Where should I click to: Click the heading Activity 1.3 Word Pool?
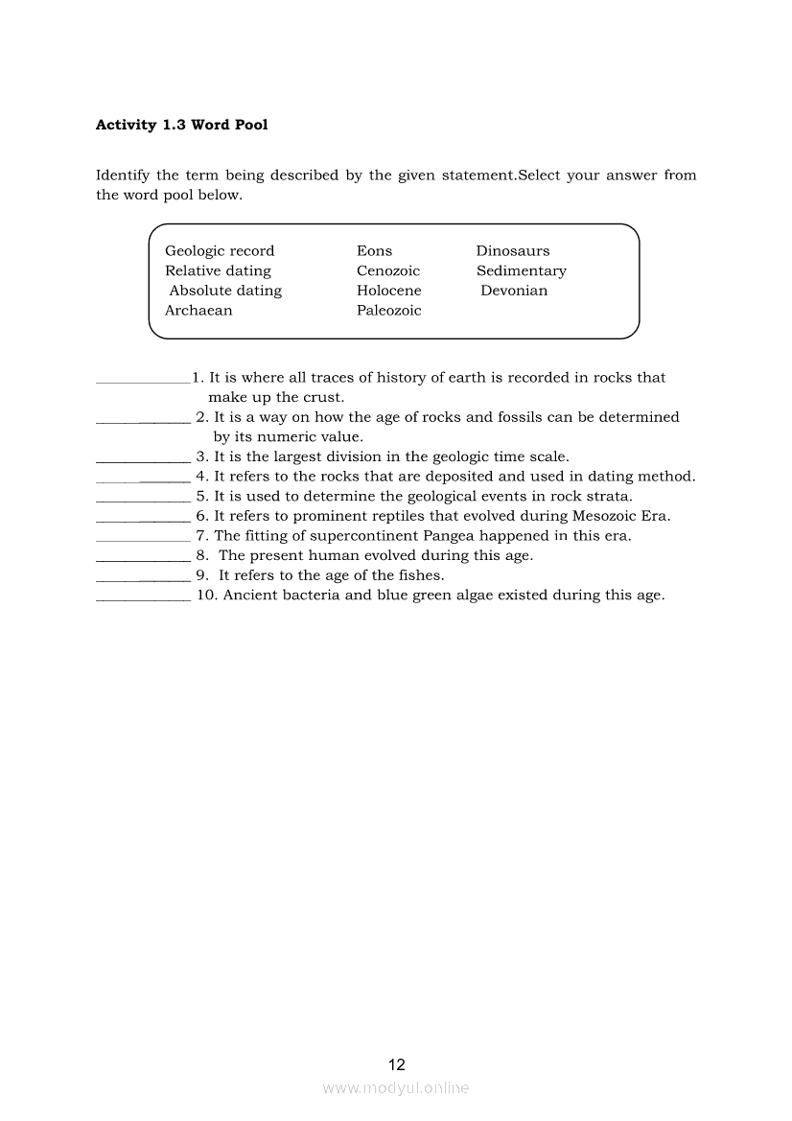coord(182,125)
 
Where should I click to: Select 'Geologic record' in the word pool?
coord(220,251)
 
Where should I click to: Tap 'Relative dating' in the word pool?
coord(218,271)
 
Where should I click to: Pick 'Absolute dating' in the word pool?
coord(225,291)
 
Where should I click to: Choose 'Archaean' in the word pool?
coord(198,311)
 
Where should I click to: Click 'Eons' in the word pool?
coord(374,251)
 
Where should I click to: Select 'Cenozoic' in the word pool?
coord(388,271)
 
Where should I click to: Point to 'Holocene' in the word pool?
coord(388,291)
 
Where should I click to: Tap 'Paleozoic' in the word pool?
coord(388,311)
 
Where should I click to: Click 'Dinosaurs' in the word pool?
coord(513,251)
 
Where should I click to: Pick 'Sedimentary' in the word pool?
coord(521,271)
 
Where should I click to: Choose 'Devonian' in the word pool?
coord(514,291)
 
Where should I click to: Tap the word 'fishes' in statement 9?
coord(420,575)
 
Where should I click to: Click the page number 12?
coord(397,1064)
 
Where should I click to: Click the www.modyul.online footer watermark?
coord(396,1088)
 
